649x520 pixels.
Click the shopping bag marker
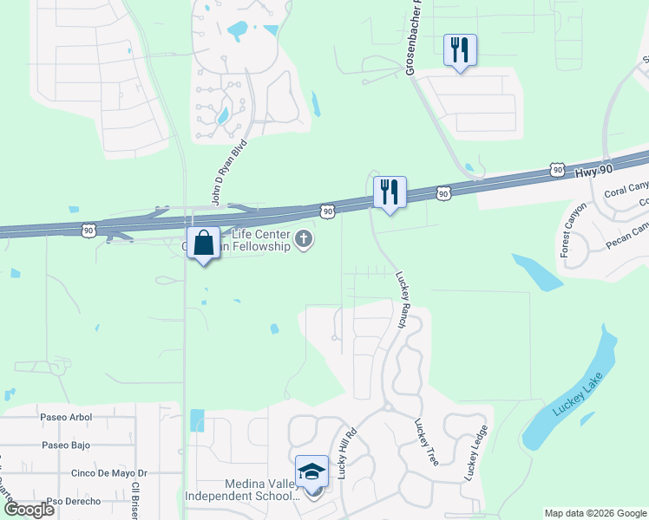tap(203, 244)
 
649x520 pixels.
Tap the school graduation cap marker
tap(311, 472)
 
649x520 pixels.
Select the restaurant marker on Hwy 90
tap(389, 192)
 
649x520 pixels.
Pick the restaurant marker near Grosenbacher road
tap(459, 49)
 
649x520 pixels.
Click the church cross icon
tap(304, 240)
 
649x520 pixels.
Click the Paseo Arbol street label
tap(66, 417)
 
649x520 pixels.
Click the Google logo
tap(30, 510)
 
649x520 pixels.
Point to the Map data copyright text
tap(594, 513)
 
